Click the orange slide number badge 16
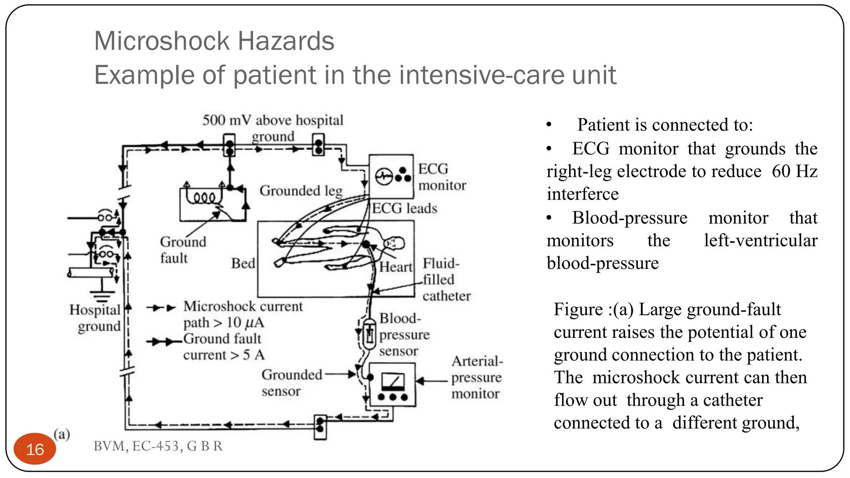point(35,449)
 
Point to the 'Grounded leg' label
point(301,191)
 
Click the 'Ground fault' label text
point(183,250)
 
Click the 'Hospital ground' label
point(95,318)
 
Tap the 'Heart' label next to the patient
point(396,267)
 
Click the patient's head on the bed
point(394,243)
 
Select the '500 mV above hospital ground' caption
point(273,128)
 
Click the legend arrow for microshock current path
point(161,308)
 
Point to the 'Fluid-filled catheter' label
point(446,280)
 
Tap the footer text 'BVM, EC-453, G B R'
point(158,446)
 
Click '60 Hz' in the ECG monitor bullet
point(794,171)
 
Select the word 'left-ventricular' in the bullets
point(760,240)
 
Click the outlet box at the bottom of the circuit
point(320,427)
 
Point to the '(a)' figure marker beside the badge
point(62,434)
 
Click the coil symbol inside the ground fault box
point(203,198)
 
